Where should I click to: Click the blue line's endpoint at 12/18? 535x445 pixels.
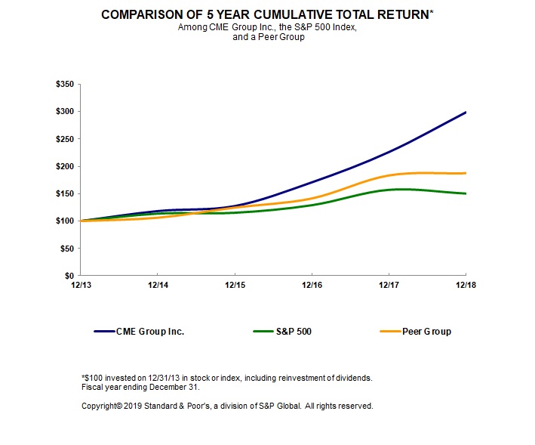466,113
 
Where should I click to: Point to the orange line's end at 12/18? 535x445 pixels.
466,173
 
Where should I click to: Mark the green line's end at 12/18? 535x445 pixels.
466,193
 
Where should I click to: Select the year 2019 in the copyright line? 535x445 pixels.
128,406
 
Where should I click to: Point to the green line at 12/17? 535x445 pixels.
389,190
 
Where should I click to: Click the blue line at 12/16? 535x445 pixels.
312,181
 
